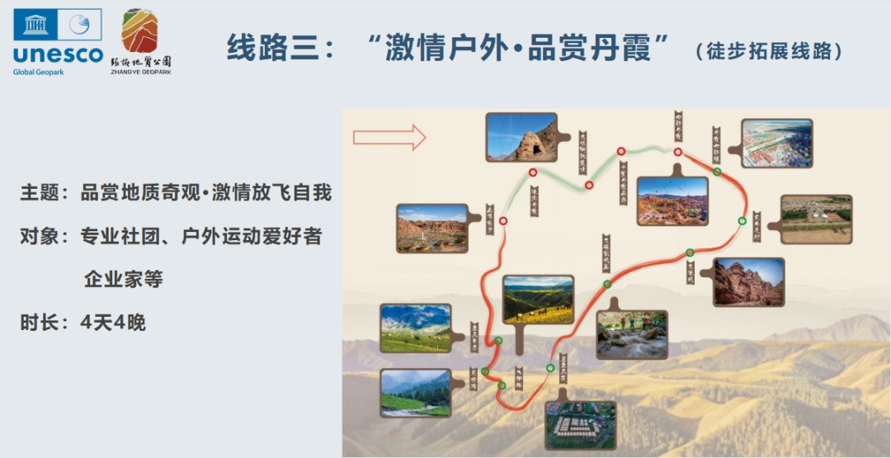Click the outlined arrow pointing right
pyautogui.click(x=389, y=136)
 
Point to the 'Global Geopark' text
pyautogui.click(x=38, y=72)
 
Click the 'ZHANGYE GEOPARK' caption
pyautogui.click(x=141, y=72)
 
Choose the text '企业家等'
pyautogui.click(x=123, y=279)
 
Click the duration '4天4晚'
pyautogui.click(x=113, y=323)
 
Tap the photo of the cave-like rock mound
pyautogui.click(x=521, y=137)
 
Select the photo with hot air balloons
pyautogui.click(x=672, y=201)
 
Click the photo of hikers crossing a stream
pyautogui.click(x=631, y=334)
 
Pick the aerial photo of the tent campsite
pyautogui.click(x=580, y=425)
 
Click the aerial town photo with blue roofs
pyautogui.click(x=776, y=144)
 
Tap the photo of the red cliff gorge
pyautogui.click(x=748, y=282)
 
